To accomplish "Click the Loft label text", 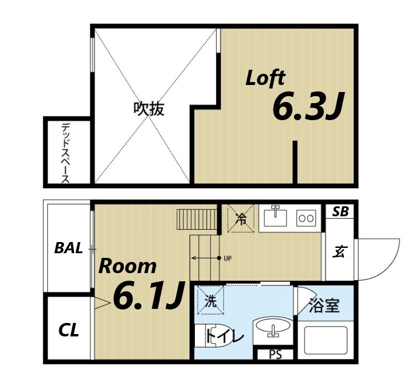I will (265, 78).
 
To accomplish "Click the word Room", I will (127, 266).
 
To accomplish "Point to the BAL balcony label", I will (68, 247).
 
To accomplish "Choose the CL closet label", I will (69, 331).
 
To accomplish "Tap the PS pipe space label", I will (275, 355).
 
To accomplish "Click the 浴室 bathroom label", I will (325, 305).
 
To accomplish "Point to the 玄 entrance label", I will (339, 252).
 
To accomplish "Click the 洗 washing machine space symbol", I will (210, 301).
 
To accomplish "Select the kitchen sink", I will (275, 217).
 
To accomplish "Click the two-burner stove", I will (306, 217).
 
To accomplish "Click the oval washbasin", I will (272, 327).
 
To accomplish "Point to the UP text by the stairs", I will (228, 258).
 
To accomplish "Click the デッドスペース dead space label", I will (66, 152).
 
